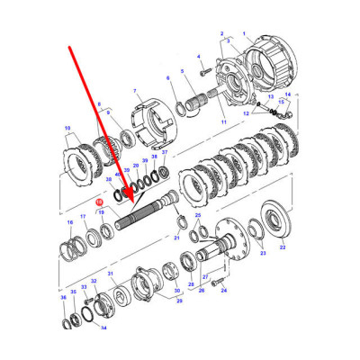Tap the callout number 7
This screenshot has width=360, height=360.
(x=136, y=92)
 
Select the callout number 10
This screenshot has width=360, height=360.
(x=67, y=130)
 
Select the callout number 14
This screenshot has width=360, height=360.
(x=288, y=94)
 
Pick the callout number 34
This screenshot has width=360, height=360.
(x=103, y=328)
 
